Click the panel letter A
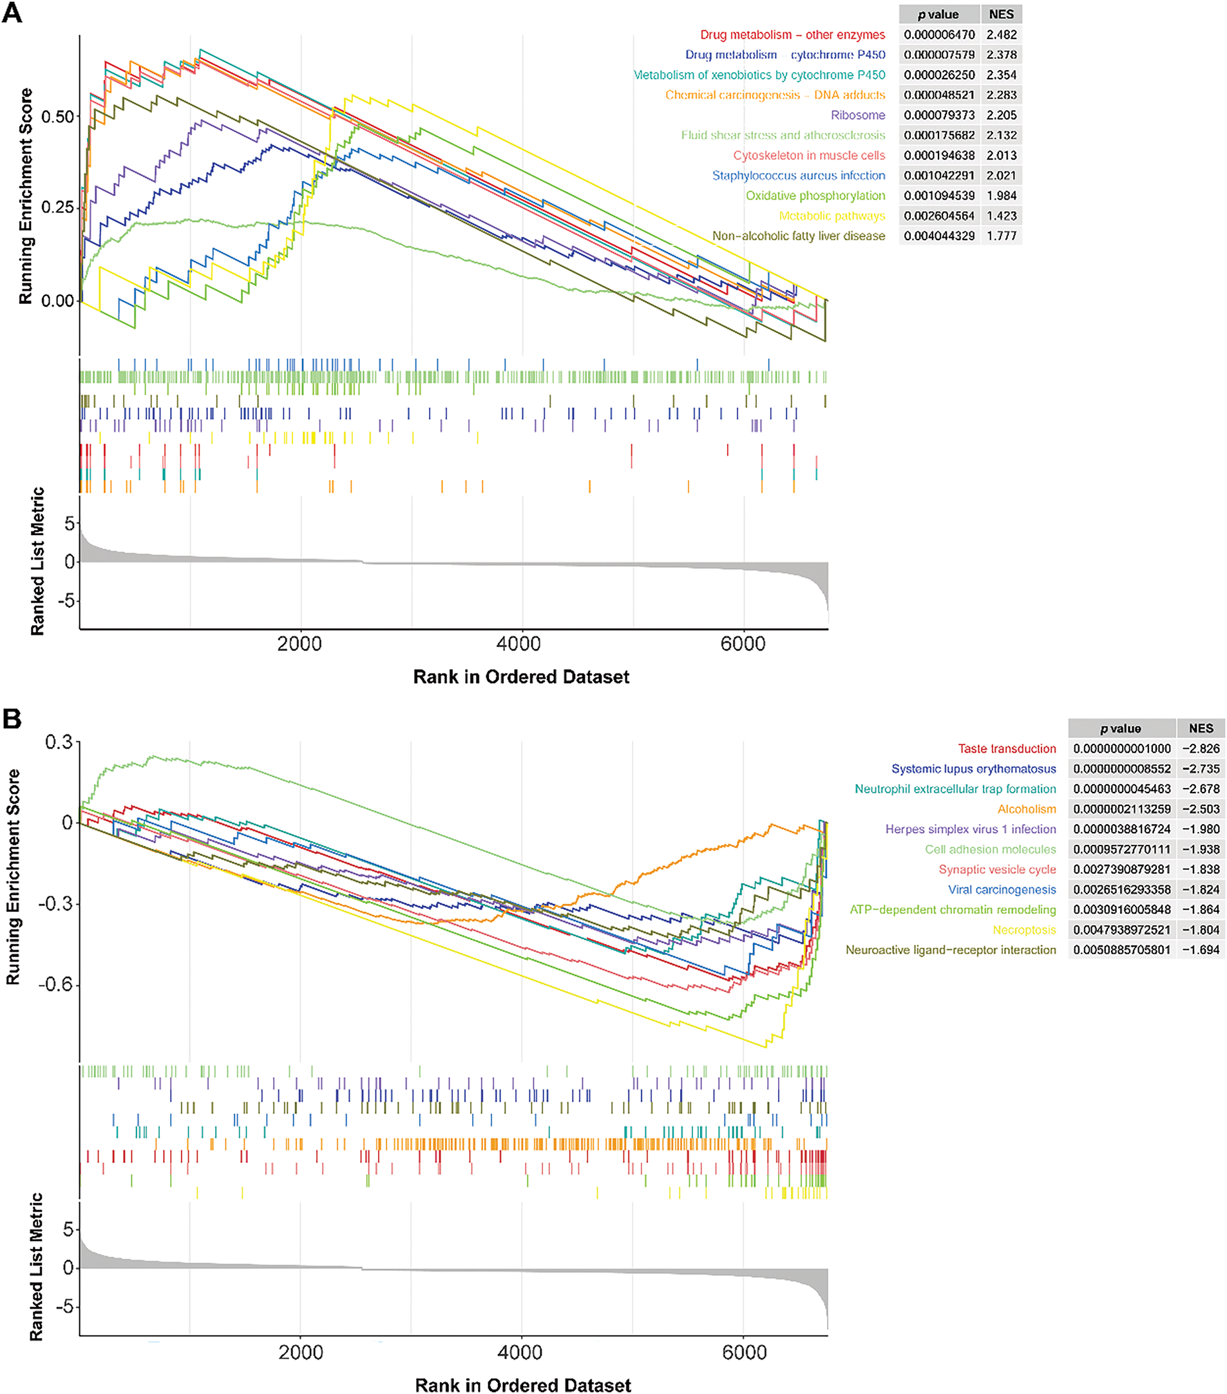[x=12, y=13]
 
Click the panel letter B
[x=12, y=718]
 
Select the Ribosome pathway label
[x=857, y=115]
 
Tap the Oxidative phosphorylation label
[x=815, y=196]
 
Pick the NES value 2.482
[x=1001, y=35]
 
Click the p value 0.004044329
[x=939, y=236]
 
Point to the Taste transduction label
[x=1007, y=749]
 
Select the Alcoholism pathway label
[x=1027, y=809]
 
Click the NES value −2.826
[x=1201, y=749]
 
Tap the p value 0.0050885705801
[x=1122, y=950]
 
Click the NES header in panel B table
[x=1201, y=728]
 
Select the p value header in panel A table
[x=938, y=14]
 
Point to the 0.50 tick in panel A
[x=57, y=117]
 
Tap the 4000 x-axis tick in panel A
[x=522, y=644]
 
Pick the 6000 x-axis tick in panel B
[x=743, y=1352]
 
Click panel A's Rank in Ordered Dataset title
[x=521, y=677]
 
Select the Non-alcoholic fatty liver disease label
[x=799, y=236]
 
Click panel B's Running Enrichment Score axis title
[x=13, y=877]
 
